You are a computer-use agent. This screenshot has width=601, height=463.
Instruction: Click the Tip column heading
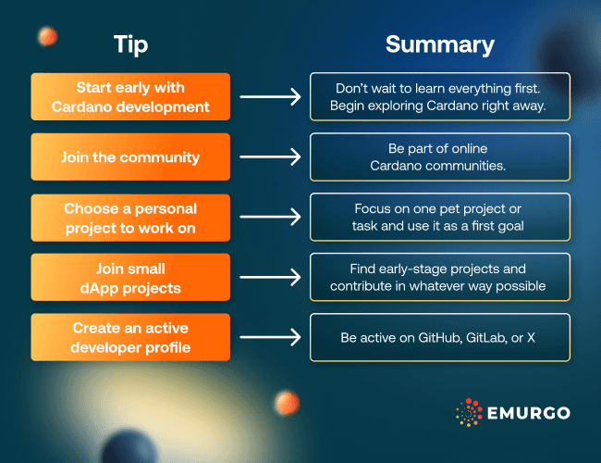click(x=130, y=44)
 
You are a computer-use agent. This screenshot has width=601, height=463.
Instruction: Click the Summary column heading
click(x=439, y=44)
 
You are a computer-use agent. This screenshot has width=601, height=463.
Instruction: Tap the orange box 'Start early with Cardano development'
click(x=130, y=96)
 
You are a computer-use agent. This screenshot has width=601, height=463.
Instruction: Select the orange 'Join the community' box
click(x=130, y=156)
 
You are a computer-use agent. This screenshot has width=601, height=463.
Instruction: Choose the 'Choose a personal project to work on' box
click(x=130, y=217)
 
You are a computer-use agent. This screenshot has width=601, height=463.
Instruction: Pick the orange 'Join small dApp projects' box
click(x=130, y=277)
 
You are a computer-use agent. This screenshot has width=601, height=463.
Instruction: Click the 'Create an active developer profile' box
click(x=130, y=337)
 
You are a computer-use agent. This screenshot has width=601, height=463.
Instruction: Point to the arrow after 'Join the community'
click(x=270, y=156)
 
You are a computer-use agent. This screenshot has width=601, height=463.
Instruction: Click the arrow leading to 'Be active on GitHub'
click(x=270, y=337)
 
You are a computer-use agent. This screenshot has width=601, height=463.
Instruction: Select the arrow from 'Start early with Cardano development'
click(x=270, y=96)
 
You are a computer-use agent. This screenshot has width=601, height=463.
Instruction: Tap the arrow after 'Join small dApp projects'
click(x=270, y=277)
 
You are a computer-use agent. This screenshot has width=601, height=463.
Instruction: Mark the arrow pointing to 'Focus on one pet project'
click(x=270, y=217)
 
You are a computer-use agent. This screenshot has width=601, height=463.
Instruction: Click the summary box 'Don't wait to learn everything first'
click(x=439, y=96)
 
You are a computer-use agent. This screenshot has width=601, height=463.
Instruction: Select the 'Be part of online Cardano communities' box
click(x=439, y=156)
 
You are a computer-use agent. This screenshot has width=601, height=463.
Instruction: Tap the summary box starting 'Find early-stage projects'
click(x=439, y=277)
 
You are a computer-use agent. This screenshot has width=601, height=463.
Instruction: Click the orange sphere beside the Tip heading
click(x=45, y=36)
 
